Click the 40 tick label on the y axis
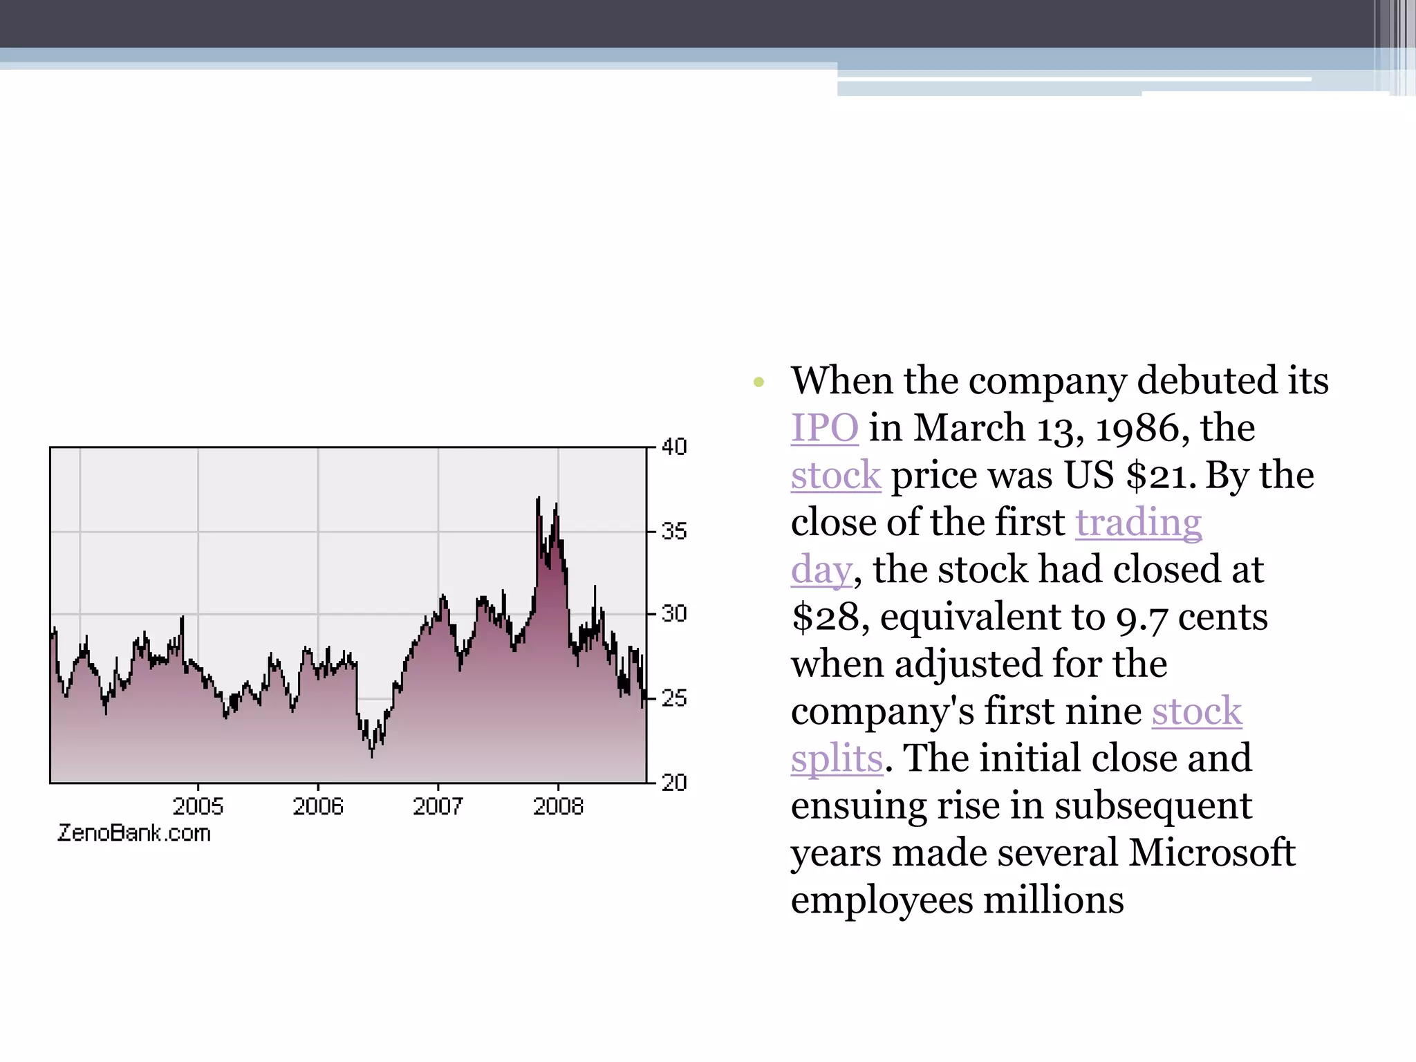[x=674, y=447]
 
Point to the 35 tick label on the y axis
[x=674, y=532]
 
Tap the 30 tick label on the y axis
[x=674, y=614]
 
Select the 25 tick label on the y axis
[x=674, y=698]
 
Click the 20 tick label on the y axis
[x=674, y=783]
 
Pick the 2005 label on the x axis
[x=198, y=806]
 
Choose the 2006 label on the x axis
[x=318, y=806]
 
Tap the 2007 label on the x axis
[x=438, y=806]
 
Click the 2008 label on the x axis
[x=558, y=806]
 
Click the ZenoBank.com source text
[x=134, y=833]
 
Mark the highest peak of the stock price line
[x=538, y=498]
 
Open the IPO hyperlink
[x=824, y=427]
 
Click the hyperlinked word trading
[x=1138, y=522]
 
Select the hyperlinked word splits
[x=837, y=758]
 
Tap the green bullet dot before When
[x=759, y=382]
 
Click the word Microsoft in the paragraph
[x=1211, y=853]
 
